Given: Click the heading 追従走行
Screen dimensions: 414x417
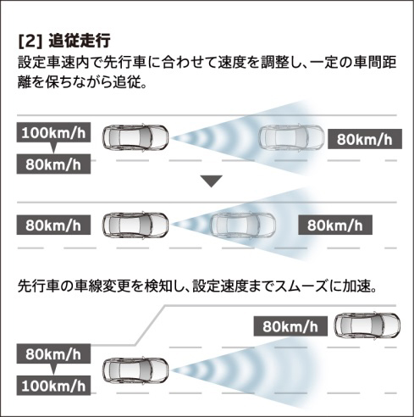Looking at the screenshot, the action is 80,42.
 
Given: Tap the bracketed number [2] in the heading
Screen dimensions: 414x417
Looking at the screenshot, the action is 30,42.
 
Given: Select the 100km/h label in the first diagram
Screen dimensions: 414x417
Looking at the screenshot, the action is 53,132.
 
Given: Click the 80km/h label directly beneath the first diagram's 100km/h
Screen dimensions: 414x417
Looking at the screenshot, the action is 53,164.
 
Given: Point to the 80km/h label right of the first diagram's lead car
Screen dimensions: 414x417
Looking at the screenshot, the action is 365,139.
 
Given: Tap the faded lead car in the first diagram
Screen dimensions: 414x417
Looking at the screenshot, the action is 292,138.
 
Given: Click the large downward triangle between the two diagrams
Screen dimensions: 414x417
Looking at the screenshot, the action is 212,181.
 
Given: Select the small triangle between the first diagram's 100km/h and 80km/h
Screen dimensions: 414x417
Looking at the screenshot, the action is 53,147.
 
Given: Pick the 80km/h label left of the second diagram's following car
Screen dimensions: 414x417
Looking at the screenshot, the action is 53,225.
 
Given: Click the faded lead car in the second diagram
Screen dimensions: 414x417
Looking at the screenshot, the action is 243,225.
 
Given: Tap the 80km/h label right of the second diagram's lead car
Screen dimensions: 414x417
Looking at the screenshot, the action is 335,225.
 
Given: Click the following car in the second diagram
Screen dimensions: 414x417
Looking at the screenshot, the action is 135,225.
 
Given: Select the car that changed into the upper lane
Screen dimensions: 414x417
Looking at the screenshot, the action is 367,326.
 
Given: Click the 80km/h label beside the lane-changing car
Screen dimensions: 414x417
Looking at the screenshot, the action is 290,326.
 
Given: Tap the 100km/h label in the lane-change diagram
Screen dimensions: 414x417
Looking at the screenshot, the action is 53,386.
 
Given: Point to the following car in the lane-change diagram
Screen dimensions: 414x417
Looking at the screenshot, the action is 135,370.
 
